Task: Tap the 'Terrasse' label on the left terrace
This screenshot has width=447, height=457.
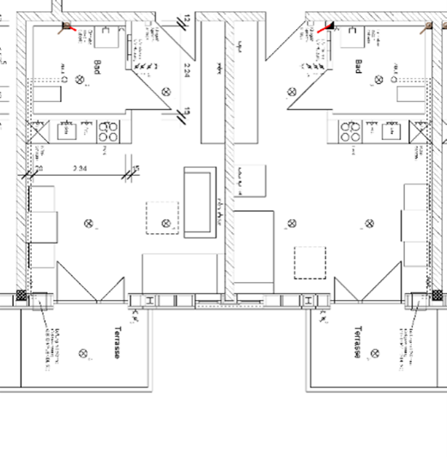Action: click(113, 343)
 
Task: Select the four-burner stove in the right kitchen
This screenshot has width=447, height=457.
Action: click(347, 132)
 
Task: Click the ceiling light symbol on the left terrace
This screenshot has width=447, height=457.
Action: click(82, 352)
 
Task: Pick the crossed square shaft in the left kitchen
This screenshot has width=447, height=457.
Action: click(37, 131)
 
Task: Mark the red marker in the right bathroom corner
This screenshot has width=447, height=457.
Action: click(323, 27)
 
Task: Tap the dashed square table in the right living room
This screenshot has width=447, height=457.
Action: click(309, 262)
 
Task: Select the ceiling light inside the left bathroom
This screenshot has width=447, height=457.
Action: click(82, 80)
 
